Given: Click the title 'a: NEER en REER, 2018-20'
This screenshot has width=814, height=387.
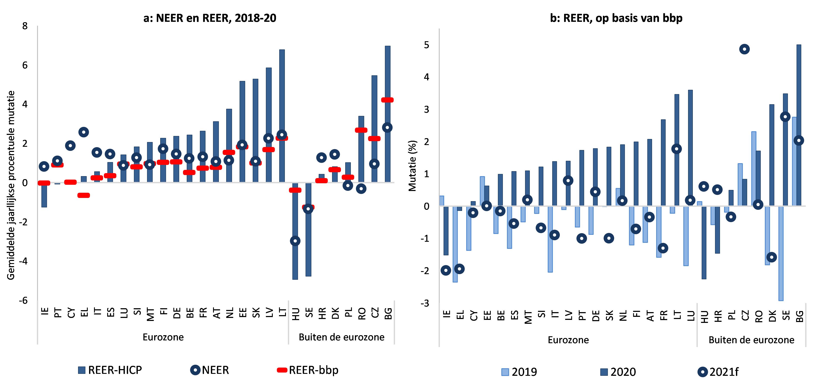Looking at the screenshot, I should pyautogui.click(x=210, y=18).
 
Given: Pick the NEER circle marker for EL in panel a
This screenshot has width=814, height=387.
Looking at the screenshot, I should pyautogui.click(x=83, y=132).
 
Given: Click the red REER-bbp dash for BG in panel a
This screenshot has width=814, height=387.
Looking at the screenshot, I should pyautogui.click(x=387, y=100).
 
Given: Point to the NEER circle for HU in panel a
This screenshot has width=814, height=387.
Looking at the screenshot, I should pyautogui.click(x=295, y=241).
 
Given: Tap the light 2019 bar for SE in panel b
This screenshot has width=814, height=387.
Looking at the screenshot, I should pyautogui.click(x=781, y=253).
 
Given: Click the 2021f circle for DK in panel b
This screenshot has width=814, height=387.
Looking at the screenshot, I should pyautogui.click(x=772, y=257).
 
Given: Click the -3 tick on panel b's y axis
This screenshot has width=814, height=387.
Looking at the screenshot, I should pyautogui.click(x=425, y=303).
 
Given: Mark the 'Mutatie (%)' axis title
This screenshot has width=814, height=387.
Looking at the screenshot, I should pyautogui.click(x=412, y=166).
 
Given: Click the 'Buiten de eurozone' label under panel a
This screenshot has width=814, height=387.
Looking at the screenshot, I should pyautogui.click(x=342, y=337).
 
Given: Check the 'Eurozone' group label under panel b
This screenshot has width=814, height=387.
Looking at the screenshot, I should pyautogui.click(x=568, y=340).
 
